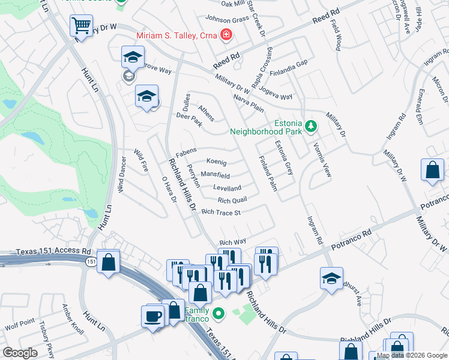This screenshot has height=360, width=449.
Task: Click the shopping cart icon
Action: pyautogui.click(x=80, y=26)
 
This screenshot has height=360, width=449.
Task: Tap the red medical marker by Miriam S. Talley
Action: pyautogui.click(x=226, y=35)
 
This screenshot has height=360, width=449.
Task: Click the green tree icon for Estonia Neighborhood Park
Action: pyautogui.click(x=310, y=125)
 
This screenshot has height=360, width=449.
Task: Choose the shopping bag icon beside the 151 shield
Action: pyautogui.click(x=107, y=262)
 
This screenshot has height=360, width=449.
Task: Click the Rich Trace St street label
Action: pyautogui.click(x=221, y=212)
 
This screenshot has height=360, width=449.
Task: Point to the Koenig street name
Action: pyautogui.click(x=216, y=162)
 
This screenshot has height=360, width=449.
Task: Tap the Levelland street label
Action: pyautogui.click(x=227, y=188)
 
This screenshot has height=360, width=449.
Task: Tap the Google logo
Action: pyautogui.click(x=20, y=352)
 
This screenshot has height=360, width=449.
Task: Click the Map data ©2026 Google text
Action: pyautogui.click(x=412, y=355)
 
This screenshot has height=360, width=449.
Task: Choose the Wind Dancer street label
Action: pyautogui.click(x=121, y=174)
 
